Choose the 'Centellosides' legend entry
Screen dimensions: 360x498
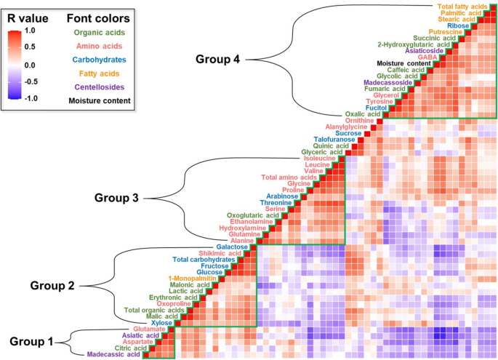(x=97, y=86)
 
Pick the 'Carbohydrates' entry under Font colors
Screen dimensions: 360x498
(x=97, y=59)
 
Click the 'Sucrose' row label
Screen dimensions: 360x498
(x=353, y=135)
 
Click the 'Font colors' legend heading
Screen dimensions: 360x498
(x=97, y=17)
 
